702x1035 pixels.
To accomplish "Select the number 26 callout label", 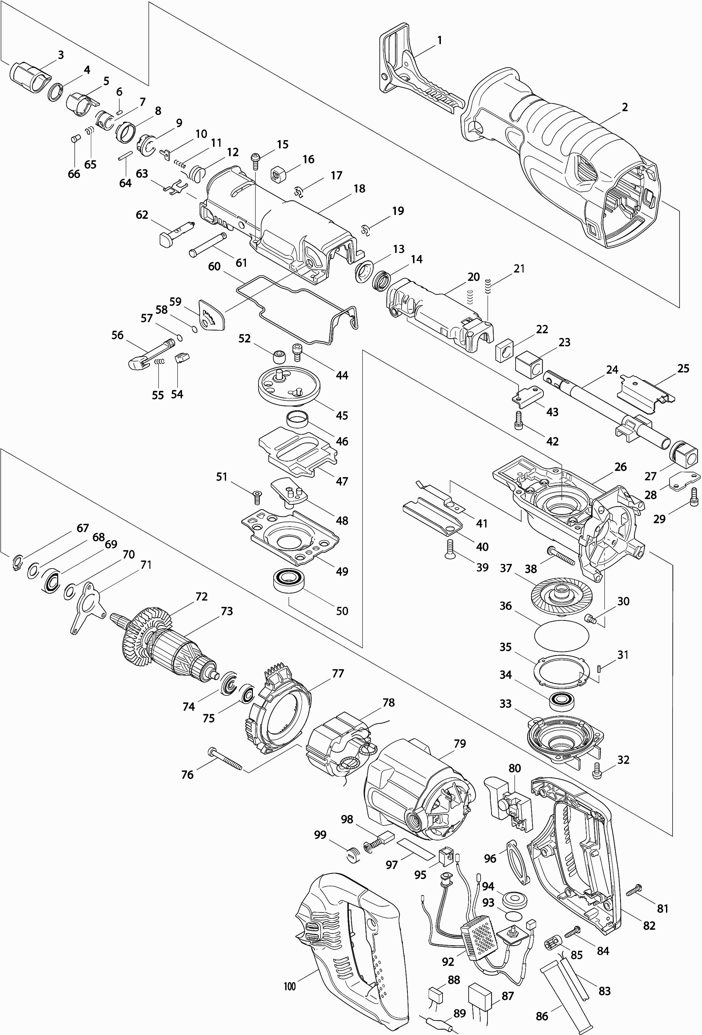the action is (620, 467).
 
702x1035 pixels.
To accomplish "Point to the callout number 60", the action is (214, 266).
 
